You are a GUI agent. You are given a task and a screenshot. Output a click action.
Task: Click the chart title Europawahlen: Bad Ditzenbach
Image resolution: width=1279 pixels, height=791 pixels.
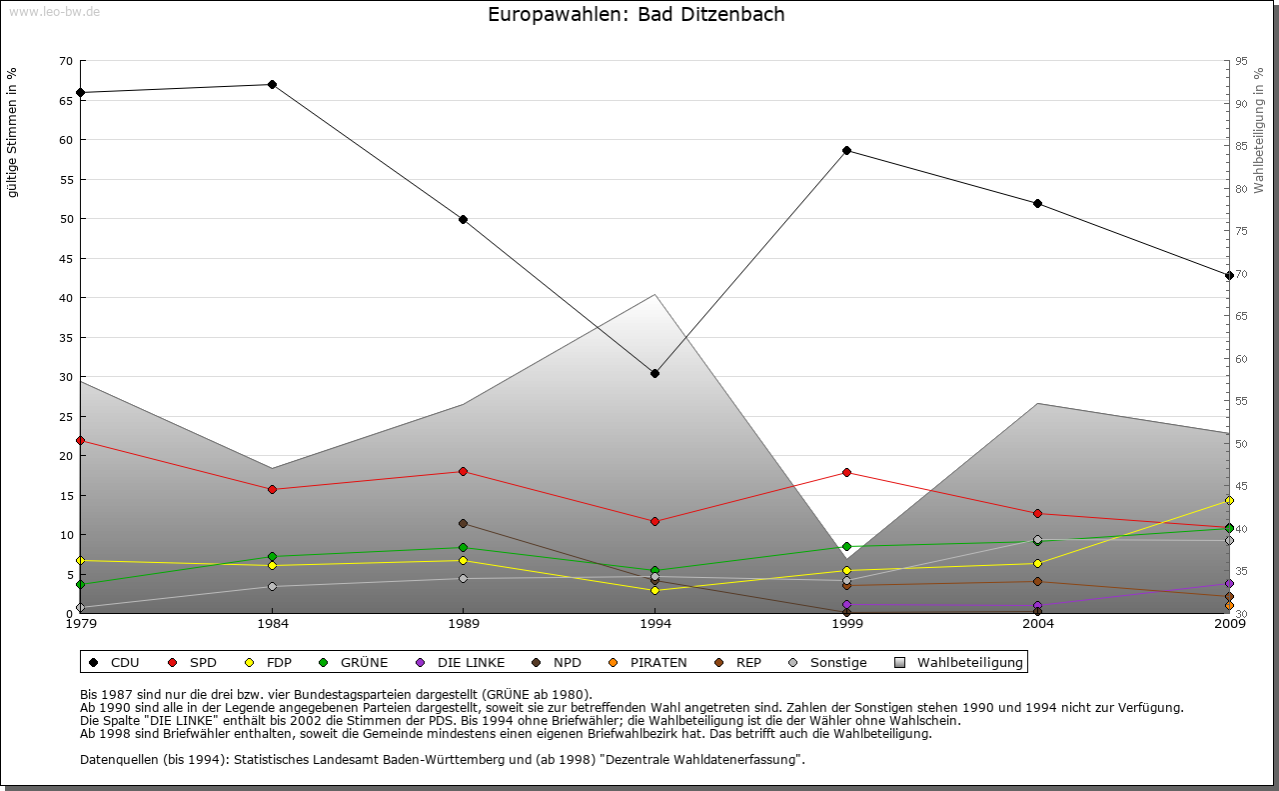pos(636,15)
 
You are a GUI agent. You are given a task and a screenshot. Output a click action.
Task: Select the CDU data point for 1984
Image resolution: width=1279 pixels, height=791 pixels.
pos(272,85)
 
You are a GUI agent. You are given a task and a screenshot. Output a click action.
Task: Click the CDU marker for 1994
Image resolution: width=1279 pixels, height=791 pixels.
pos(654,374)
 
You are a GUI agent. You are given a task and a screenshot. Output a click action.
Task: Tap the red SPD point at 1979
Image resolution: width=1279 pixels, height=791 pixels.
pos(80,441)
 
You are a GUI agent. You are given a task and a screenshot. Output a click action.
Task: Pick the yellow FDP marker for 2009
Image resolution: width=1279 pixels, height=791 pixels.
pos(1229,501)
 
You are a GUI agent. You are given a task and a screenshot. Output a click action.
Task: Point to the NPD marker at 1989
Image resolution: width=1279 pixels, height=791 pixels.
pos(463,524)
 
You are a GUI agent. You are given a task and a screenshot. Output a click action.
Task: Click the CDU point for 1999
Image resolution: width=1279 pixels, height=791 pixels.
pos(846,151)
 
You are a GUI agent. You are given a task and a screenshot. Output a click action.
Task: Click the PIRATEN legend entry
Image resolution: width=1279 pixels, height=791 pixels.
pos(648,662)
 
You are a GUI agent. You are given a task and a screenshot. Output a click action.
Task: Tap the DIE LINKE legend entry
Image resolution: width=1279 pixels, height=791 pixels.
pos(461,662)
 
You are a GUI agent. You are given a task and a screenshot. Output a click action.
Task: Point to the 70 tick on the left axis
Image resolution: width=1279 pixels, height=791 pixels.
pos(66,61)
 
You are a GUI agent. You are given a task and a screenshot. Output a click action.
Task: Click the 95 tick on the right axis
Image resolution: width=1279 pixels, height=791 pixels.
pos(1241,61)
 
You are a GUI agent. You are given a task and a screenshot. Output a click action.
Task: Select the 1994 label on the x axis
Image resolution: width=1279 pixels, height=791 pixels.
pos(654,625)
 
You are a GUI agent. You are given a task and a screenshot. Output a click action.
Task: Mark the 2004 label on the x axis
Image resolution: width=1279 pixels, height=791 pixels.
pos(1038,625)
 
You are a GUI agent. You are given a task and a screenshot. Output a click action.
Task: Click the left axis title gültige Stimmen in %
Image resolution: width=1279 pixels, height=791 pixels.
pos(13,132)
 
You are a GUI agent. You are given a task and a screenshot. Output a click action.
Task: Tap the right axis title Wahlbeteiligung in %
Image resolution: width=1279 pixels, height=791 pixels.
pos(1259,130)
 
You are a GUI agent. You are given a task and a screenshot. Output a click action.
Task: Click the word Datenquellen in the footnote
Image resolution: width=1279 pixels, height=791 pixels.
pos(117,759)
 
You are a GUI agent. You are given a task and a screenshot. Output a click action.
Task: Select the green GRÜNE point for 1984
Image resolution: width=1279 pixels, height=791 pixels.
pos(272,557)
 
